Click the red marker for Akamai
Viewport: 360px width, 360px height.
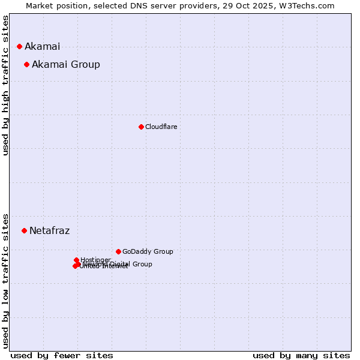(x=19, y=46)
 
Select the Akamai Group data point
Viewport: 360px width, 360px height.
(x=26, y=64)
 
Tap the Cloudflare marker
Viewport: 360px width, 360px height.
(x=141, y=127)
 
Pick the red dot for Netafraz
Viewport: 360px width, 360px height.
(x=24, y=230)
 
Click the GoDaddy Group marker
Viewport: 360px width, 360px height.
(x=118, y=251)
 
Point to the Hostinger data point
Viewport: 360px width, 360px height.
(x=76, y=260)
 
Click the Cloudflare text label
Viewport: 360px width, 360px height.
(x=161, y=127)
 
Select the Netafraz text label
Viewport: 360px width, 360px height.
(x=49, y=230)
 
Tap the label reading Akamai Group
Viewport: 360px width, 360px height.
(x=65, y=64)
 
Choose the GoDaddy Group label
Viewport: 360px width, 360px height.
(x=147, y=251)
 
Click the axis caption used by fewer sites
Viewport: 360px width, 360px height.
(x=62, y=355)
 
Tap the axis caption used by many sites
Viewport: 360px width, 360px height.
(x=301, y=355)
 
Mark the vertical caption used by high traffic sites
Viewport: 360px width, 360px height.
(x=5, y=85)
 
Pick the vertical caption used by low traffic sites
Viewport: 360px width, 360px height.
(x=5, y=280)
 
